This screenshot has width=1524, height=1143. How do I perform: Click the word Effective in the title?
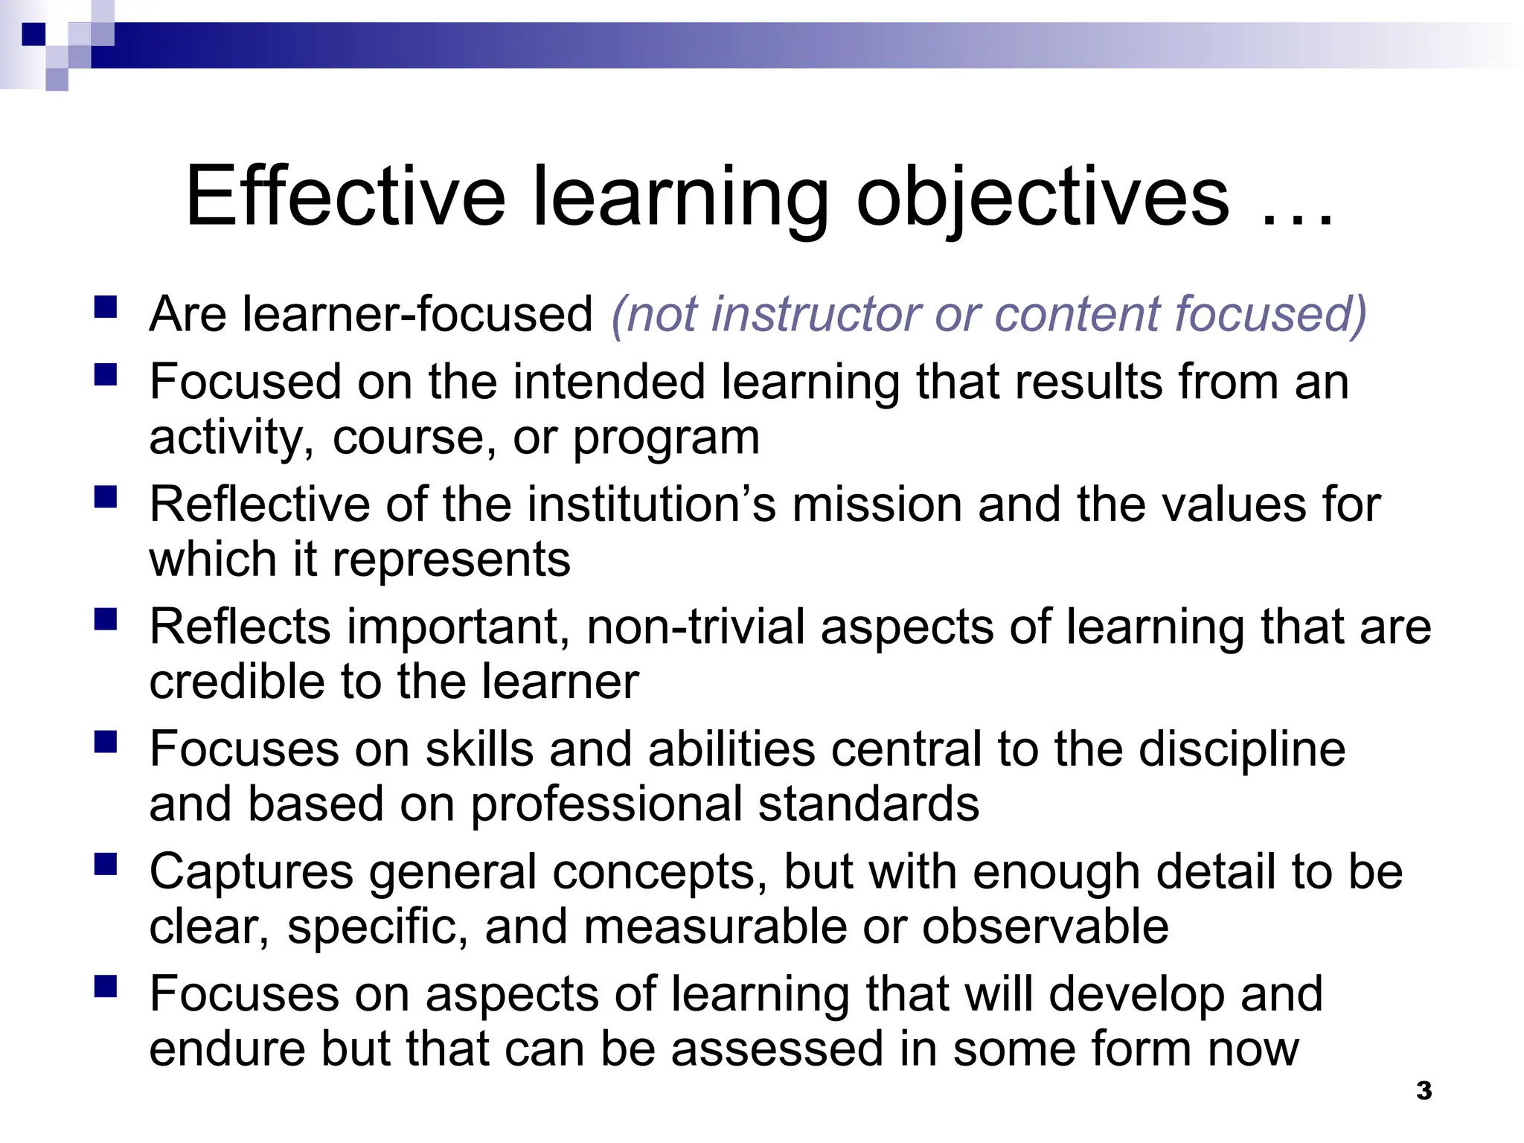pyautogui.click(x=345, y=196)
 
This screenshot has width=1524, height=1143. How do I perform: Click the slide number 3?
pyautogui.click(x=1424, y=1091)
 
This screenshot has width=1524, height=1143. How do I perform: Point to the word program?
pyautogui.click(x=666, y=438)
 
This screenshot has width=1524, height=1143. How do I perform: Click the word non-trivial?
pyautogui.click(x=696, y=627)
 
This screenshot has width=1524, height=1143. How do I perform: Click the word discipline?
pyautogui.click(x=1242, y=749)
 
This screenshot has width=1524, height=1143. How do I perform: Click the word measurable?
pyautogui.click(x=715, y=927)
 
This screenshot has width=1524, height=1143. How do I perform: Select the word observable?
pyautogui.click(x=1046, y=927)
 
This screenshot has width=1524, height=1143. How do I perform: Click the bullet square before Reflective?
pyautogui.click(x=106, y=497)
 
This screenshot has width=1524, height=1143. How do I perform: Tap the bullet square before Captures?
pyautogui.click(x=106, y=864)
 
